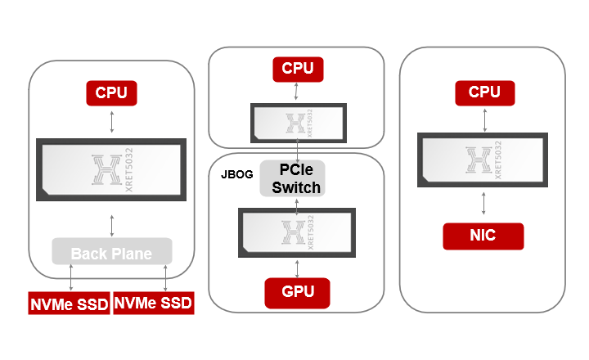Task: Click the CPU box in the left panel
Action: click(111, 92)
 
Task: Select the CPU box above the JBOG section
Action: click(298, 68)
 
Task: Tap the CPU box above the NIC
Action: click(484, 92)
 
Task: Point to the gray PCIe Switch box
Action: click(292, 178)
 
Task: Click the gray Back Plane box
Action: click(111, 253)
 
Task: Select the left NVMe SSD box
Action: click(69, 303)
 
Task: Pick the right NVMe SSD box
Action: click(153, 303)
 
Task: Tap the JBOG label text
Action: click(236, 174)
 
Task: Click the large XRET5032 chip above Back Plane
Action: click(111, 169)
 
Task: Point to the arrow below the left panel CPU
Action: click(111, 121)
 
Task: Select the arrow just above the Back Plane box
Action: click(111, 223)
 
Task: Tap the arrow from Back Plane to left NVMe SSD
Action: click(73, 277)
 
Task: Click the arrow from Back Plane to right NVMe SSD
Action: click(167, 277)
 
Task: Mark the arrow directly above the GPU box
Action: click(298, 267)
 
